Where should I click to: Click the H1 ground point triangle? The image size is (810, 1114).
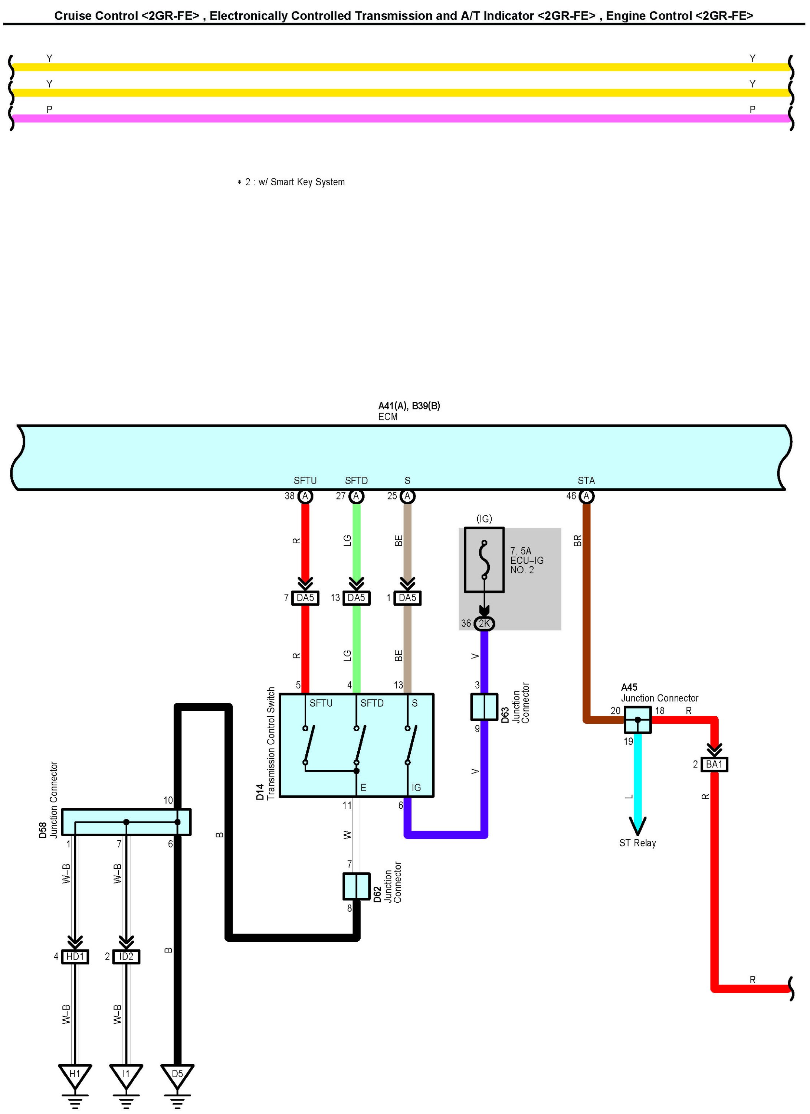point(75,1074)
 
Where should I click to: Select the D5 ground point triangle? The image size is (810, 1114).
point(177,1074)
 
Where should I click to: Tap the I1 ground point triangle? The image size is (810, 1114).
point(126,1074)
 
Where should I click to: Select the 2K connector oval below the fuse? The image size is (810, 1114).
point(484,623)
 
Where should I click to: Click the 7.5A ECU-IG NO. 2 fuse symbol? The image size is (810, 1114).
point(484,560)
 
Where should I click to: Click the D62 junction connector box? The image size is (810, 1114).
point(357,886)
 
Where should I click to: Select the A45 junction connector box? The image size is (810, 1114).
point(638,720)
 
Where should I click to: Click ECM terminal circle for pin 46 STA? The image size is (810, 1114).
point(586,496)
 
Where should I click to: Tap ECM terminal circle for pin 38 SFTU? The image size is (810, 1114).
point(305,496)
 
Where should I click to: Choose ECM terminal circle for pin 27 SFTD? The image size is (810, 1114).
point(357,496)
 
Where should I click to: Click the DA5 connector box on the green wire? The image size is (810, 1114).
point(357,598)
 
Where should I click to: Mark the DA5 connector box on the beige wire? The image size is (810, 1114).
point(407,598)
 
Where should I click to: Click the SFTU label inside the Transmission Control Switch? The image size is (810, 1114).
point(321,703)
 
